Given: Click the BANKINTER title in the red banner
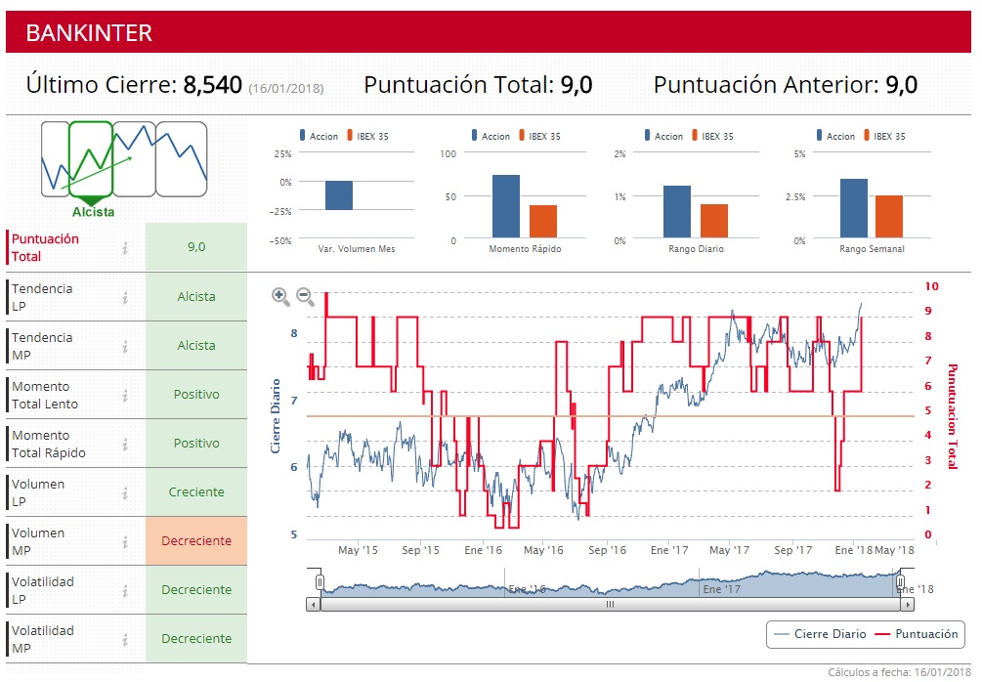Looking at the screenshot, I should [x=89, y=32].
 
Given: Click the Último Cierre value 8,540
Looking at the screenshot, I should [x=212, y=85].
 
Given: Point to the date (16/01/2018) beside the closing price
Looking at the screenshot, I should [x=285, y=89].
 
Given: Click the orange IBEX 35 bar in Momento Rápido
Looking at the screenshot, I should [x=542, y=221].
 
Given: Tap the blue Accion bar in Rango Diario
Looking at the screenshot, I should [x=677, y=211].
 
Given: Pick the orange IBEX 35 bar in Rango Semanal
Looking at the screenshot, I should [x=889, y=216].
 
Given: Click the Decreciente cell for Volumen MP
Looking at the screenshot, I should [x=196, y=541].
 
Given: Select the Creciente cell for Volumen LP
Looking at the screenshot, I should [x=196, y=492].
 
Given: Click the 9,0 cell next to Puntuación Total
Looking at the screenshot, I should [x=196, y=247].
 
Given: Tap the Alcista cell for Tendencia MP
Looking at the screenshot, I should [x=196, y=346].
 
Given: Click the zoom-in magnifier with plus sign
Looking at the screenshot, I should [x=280, y=296].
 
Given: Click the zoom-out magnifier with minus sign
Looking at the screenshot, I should [x=305, y=296].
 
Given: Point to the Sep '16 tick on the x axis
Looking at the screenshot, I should [x=607, y=550].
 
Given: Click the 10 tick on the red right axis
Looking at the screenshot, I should [x=931, y=286].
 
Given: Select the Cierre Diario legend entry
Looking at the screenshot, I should [x=819, y=634].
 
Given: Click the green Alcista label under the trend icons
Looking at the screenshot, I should [x=93, y=212].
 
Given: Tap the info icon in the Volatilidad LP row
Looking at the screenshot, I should [x=125, y=590].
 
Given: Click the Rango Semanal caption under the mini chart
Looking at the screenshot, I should [x=872, y=249].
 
